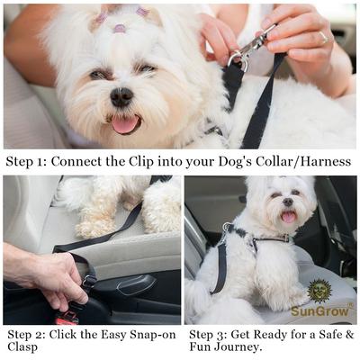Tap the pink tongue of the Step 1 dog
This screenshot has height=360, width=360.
[123, 123]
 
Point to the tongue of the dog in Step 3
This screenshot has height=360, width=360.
[288, 217]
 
